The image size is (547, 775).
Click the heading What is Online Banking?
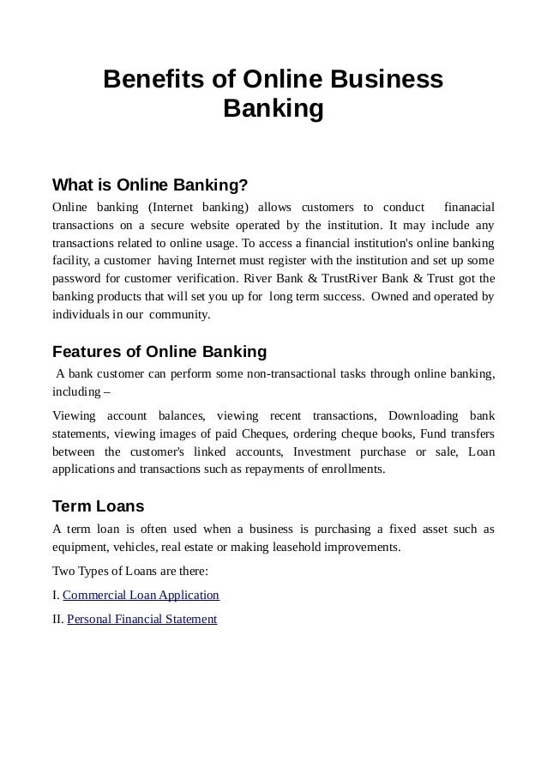[x=150, y=185]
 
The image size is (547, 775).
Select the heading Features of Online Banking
[x=159, y=352]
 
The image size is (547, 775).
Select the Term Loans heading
[x=99, y=506]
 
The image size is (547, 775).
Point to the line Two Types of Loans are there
[x=130, y=570]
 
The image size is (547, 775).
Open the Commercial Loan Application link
[x=141, y=595]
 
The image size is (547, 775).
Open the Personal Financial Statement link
[x=141, y=619]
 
